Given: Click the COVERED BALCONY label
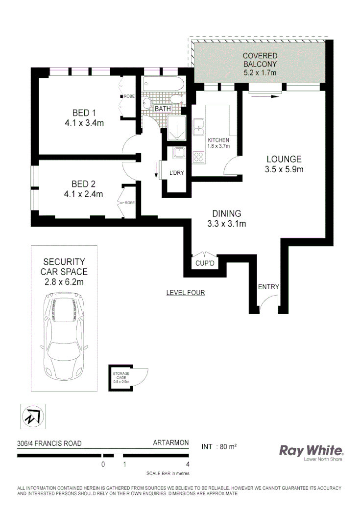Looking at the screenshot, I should pyautogui.click(x=260, y=60).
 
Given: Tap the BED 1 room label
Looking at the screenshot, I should pyautogui.click(x=80, y=114).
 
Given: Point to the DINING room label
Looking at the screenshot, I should pyautogui.click(x=226, y=214).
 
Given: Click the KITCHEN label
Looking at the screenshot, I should pyautogui.click(x=218, y=140).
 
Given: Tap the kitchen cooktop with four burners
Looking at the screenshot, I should pyautogui.click(x=199, y=157).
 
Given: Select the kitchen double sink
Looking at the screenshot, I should pyautogui.click(x=198, y=126).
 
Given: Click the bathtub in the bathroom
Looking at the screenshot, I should pyautogui.click(x=164, y=85).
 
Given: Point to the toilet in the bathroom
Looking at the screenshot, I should pyautogui.click(x=147, y=103).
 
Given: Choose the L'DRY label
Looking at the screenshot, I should pyautogui.click(x=176, y=173).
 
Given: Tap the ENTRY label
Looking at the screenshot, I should pyautogui.click(x=268, y=287).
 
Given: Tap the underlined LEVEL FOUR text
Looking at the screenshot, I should pyautogui.click(x=185, y=293).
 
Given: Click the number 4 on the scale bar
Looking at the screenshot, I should pyautogui.click(x=188, y=464).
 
